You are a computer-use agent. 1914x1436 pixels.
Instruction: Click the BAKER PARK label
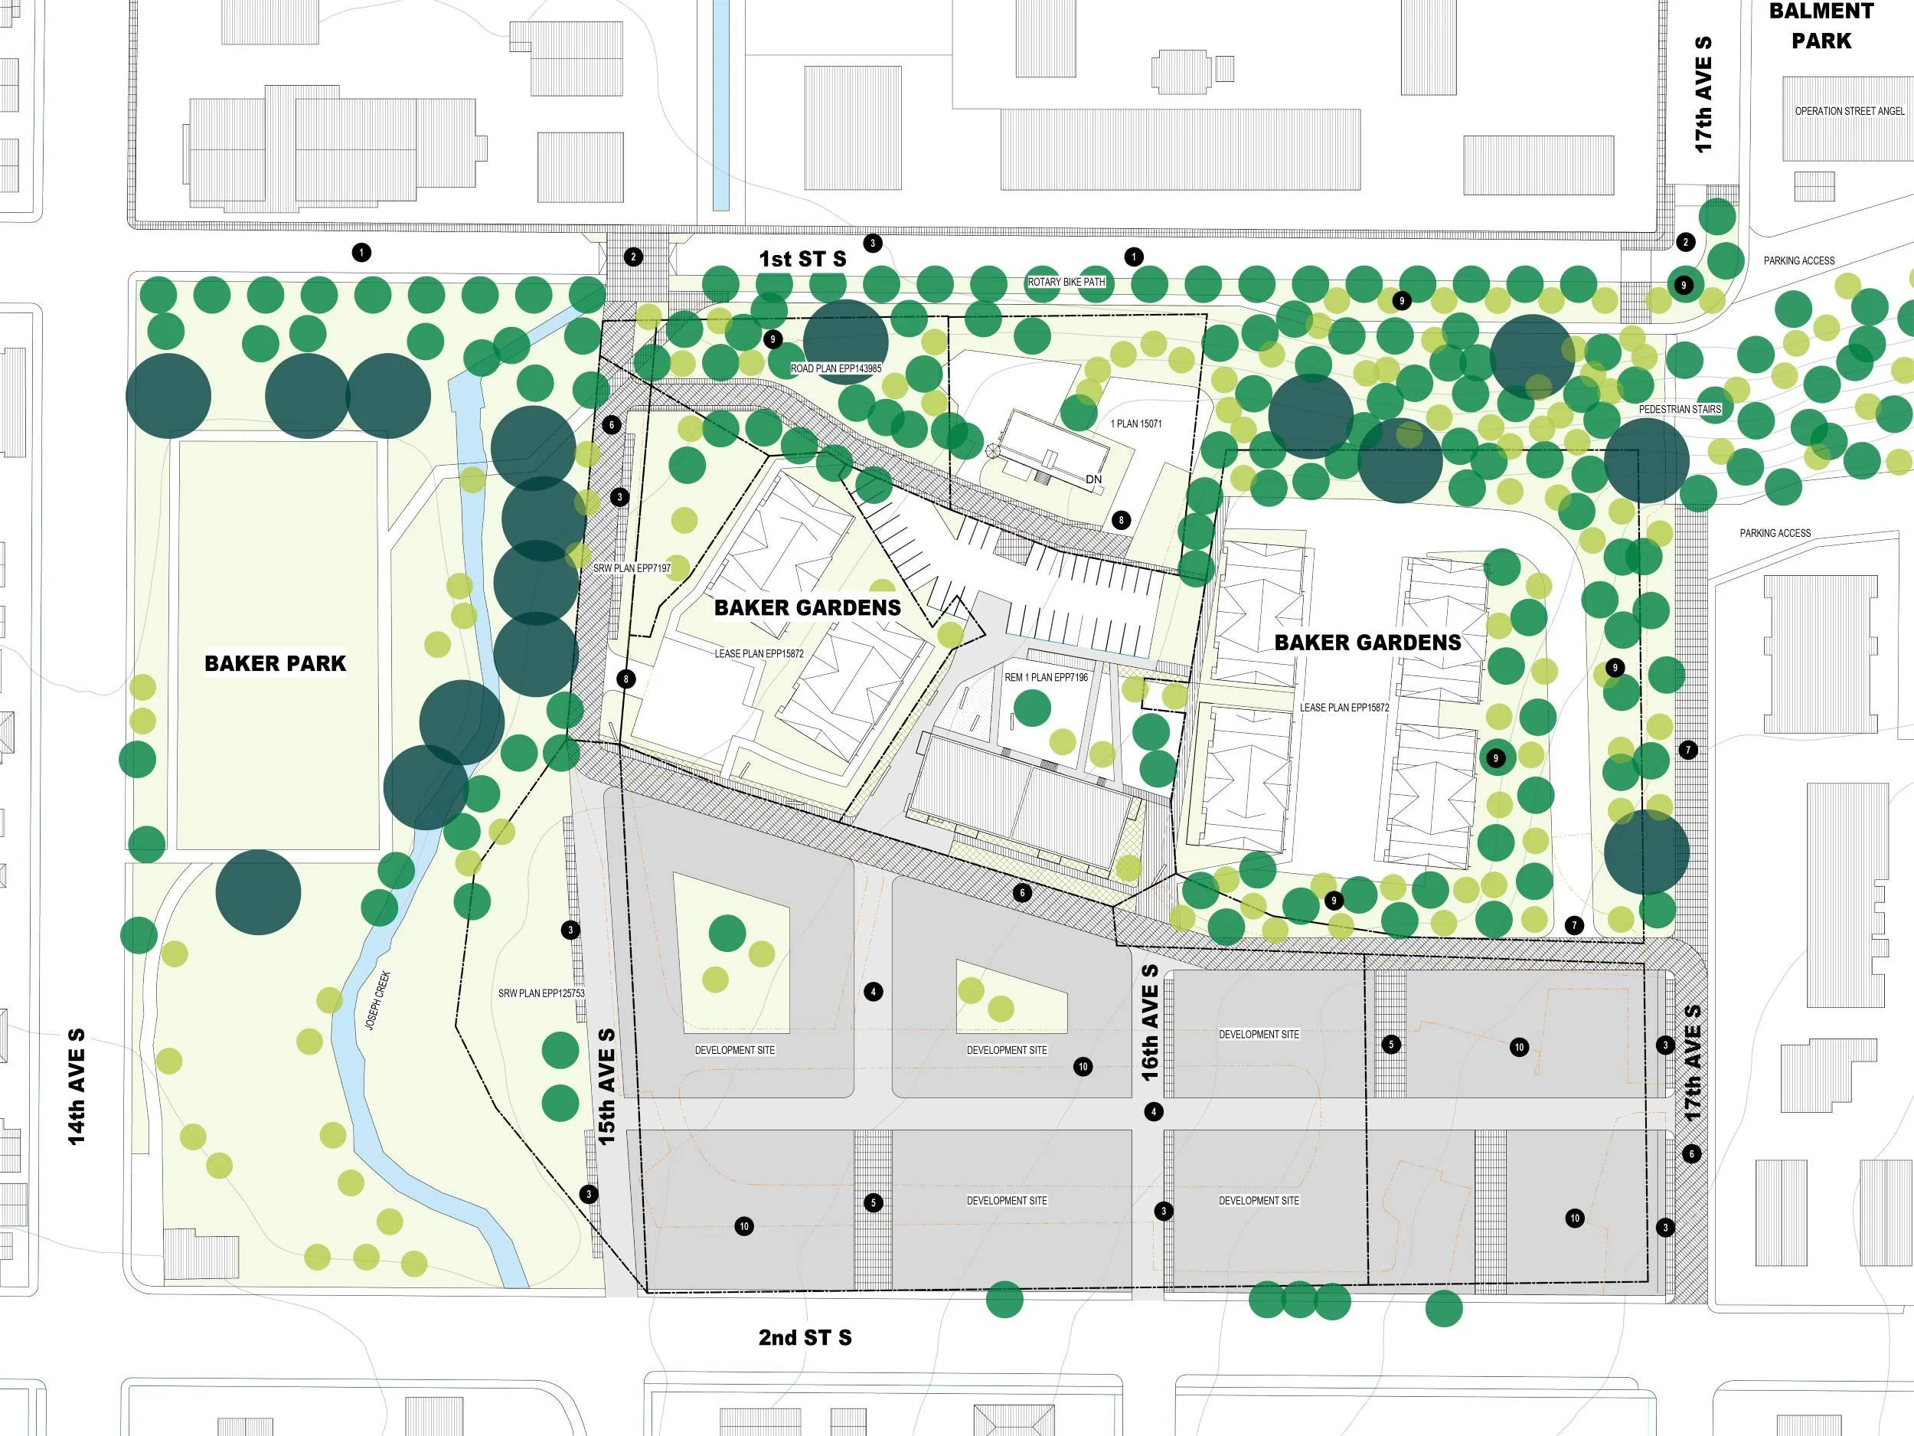coord(275,664)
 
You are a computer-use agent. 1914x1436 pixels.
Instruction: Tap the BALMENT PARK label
coord(1821,26)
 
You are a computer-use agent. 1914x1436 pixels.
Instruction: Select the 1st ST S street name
coord(802,259)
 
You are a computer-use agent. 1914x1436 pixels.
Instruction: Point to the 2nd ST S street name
coord(805,1337)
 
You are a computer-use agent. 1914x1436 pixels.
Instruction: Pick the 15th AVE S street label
coord(606,1085)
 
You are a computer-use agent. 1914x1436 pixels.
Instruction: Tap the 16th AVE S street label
coord(1150,1022)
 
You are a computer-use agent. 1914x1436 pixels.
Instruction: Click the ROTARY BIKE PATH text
coord(1066,282)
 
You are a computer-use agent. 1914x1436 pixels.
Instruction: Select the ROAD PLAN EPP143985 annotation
coord(836,368)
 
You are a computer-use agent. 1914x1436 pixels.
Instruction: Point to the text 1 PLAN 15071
coord(1136,424)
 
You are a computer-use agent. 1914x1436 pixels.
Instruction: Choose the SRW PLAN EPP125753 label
coord(542,993)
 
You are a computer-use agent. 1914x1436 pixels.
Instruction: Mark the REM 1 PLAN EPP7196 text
coord(1046,678)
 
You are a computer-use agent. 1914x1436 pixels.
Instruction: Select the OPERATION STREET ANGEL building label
coord(1849,112)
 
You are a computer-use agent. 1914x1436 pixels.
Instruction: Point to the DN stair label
coord(1094,479)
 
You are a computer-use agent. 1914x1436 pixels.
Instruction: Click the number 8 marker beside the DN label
coord(1122,520)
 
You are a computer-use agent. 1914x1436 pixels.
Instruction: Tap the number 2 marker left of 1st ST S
coord(633,257)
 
